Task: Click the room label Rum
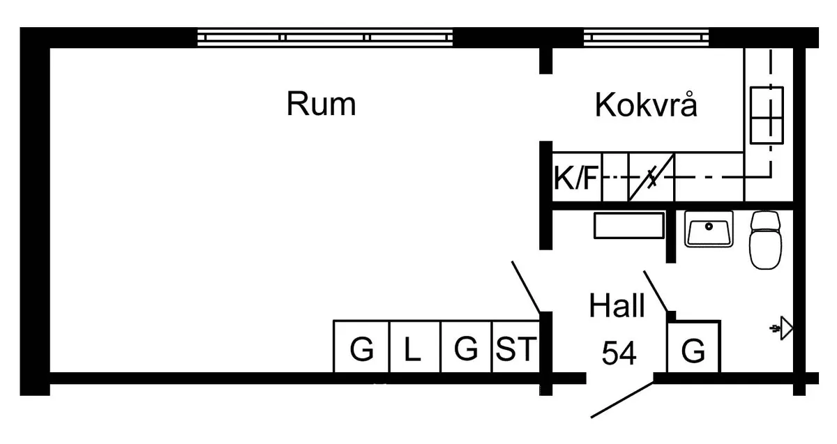click(x=321, y=105)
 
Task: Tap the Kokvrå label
click(x=646, y=106)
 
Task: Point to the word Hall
click(x=617, y=306)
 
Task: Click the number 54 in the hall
click(x=619, y=353)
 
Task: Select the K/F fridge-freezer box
click(x=576, y=179)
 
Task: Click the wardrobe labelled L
click(x=414, y=349)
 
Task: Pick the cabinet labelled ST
click(x=516, y=349)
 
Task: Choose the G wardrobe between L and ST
click(x=466, y=349)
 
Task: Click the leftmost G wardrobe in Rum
click(x=361, y=349)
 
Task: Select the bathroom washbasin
click(x=709, y=229)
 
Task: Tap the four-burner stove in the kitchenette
click(x=766, y=115)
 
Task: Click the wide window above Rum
click(x=325, y=37)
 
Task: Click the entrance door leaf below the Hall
click(x=622, y=399)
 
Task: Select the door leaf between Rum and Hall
click(x=526, y=286)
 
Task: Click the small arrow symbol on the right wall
click(x=783, y=328)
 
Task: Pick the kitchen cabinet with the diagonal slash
click(x=651, y=178)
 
